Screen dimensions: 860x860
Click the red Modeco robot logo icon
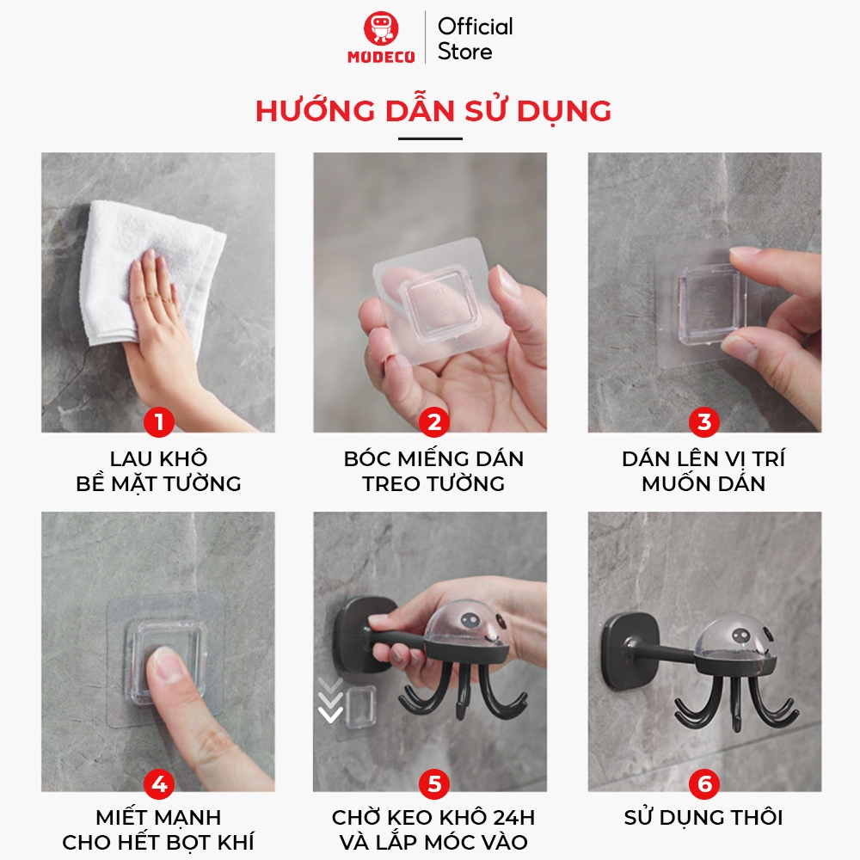coord(381,28)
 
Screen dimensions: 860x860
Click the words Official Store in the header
coord(475,39)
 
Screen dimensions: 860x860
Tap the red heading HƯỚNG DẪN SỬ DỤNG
coord(433,110)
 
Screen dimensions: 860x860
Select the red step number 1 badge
coord(159,421)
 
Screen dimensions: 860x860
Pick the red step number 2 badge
coord(433,421)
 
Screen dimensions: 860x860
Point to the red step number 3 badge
coord(704,421)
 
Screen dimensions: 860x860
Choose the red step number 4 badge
coord(159,783)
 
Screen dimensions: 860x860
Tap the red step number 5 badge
coord(433,783)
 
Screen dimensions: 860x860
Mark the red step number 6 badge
coord(704,783)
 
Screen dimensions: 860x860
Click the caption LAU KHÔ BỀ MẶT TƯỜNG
coord(158,470)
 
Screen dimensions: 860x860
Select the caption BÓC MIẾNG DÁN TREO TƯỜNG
coord(433,470)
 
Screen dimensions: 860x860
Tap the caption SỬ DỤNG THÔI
coord(703,817)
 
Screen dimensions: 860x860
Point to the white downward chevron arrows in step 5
coord(330,700)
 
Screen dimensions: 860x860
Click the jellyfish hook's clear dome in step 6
coord(735,637)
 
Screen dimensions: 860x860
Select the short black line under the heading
coord(430,138)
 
